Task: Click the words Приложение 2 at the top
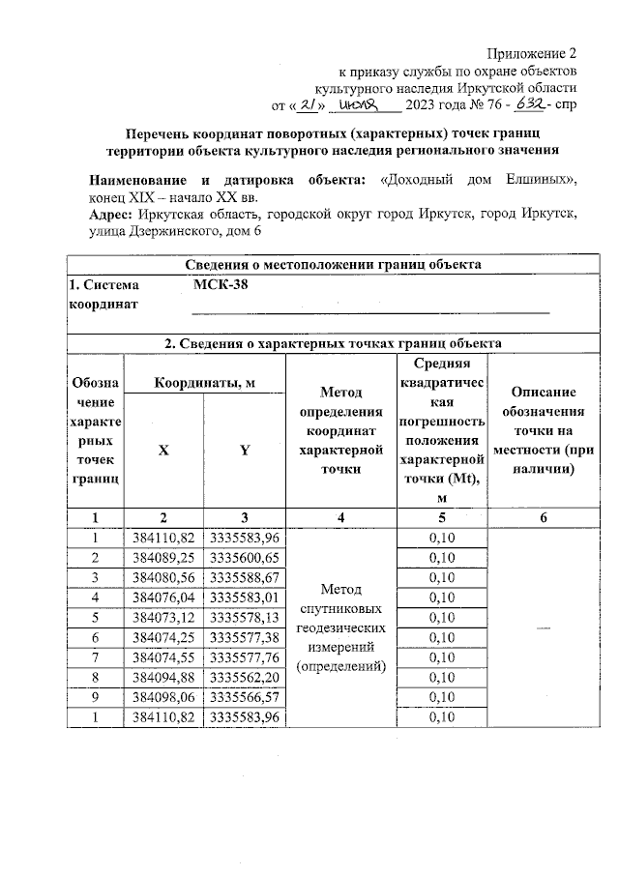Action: click(x=532, y=52)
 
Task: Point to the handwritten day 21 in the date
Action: click(x=309, y=104)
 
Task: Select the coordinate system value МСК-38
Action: click(x=218, y=285)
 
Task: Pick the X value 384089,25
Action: click(x=163, y=558)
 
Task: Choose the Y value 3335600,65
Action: click(x=245, y=558)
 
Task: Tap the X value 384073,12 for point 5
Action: click(x=163, y=617)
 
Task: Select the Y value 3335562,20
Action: click(x=245, y=677)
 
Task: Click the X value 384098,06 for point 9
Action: click(x=163, y=696)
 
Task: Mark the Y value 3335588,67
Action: click(x=245, y=577)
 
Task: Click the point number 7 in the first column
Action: click(x=95, y=656)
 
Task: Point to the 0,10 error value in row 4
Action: click(x=441, y=598)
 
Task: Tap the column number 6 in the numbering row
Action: click(x=543, y=518)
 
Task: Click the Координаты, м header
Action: click(x=205, y=383)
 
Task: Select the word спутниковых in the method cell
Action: click(x=340, y=609)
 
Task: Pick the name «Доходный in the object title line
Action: click(x=419, y=180)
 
